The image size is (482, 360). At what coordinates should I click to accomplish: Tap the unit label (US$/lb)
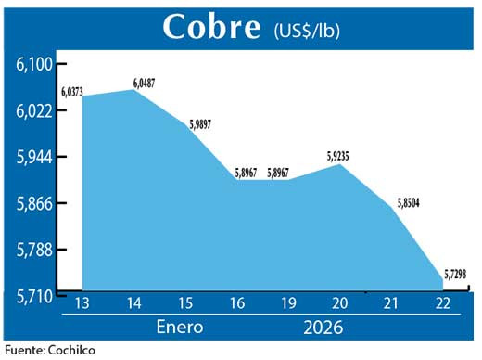(307, 31)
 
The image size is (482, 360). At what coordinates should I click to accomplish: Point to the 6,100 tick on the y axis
(34, 64)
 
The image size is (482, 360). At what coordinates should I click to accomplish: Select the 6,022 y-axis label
(34, 110)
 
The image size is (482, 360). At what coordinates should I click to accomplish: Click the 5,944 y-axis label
(34, 157)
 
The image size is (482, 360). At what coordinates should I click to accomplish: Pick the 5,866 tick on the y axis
(34, 203)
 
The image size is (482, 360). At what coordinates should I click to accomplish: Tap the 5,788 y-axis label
(34, 250)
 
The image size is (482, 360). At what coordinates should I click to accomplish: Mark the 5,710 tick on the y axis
(34, 295)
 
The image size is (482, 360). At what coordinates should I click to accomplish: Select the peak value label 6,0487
(144, 84)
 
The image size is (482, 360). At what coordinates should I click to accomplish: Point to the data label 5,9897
(202, 123)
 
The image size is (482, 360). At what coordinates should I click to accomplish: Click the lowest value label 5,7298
(456, 274)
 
